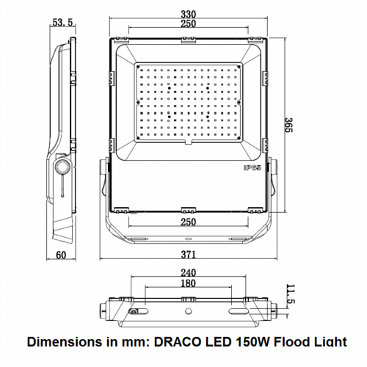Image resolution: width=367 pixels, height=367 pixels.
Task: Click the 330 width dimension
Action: click(189, 14)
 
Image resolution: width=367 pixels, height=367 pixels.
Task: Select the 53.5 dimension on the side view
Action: click(63, 23)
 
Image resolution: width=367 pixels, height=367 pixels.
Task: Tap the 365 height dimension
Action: click(288, 125)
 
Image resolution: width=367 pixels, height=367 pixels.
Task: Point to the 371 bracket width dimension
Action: click(189, 255)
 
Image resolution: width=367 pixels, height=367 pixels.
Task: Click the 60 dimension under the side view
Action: click(61, 255)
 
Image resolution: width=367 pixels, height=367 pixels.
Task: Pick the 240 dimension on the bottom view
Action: click(188, 273)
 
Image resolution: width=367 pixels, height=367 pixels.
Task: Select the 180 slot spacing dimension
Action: click(188, 283)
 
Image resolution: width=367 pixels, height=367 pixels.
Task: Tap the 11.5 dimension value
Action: click(291, 294)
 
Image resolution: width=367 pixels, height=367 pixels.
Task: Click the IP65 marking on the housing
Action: click(252, 168)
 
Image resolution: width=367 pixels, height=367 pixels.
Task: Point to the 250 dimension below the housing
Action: click(189, 222)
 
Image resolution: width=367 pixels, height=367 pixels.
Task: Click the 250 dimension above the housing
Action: click(189, 23)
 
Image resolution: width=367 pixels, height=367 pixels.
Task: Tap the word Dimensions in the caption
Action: click(65, 342)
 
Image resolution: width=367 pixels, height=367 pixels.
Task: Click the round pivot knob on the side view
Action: click(63, 167)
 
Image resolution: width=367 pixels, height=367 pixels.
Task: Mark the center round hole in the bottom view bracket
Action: click(188, 311)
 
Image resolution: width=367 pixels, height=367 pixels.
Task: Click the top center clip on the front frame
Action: click(189, 40)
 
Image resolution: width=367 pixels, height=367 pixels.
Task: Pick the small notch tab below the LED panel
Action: click(188, 142)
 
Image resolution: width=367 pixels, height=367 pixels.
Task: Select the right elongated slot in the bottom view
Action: click(237, 311)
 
